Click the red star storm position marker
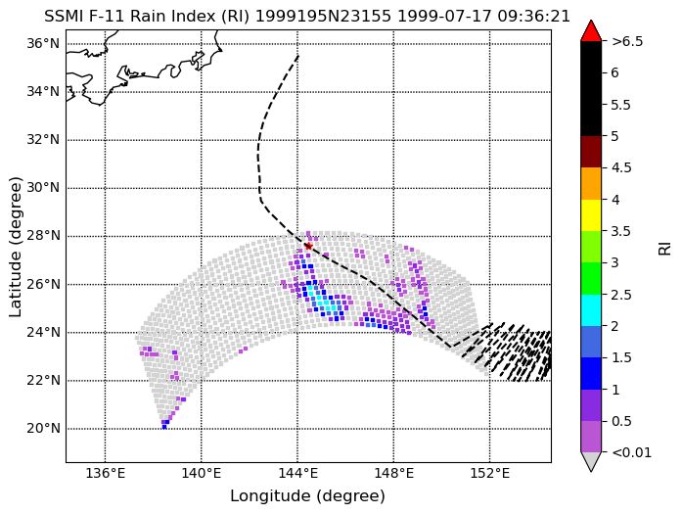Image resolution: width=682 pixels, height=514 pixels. click(x=308, y=247)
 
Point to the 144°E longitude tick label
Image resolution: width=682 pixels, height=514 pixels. click(x=297, y=473)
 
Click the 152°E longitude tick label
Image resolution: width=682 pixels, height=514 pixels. click(x=490, y=473)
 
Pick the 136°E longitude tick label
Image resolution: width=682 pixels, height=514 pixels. click(x=106, y=473)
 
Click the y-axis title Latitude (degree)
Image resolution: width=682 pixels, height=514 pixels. click(x=15, y=247)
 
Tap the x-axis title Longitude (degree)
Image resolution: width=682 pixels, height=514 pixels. click(x=307, y=496)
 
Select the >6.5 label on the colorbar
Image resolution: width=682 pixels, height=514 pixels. click(x=627, y=41)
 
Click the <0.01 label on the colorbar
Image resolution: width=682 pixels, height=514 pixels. click(x=631, y=452)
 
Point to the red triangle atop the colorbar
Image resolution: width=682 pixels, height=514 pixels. click(x=591, y=31)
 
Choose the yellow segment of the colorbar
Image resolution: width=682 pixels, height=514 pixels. click(x=591, y=215)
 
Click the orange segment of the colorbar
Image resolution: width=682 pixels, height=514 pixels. click(x=591, y=183)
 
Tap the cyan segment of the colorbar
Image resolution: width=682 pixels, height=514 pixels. click(x=591, y=310)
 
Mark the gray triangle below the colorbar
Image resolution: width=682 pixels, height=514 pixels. click(x=591, y=462)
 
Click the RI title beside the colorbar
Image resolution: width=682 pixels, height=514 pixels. click(x=665, y=249)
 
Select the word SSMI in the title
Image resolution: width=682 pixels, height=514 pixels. click(x=64, y=17)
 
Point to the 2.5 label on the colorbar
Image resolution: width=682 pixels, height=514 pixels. click(x=621, y=295)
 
